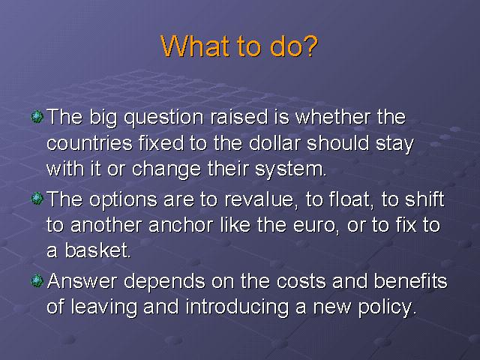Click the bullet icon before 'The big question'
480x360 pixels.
pyautogui.click(x=37, y=117)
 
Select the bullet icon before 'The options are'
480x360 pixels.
pyautogui.click(x=37, y=199)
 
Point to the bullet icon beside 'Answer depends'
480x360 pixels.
pyautogui.click(x=37, y=280)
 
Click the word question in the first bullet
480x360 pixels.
pyautogui.click(x=163, y=118)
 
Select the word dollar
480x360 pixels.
pyautogui.click(x=275, y=143)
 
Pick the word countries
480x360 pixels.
pyautogui.click(x=90, y=143)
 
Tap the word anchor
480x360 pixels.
pyautogui.click(x=181, y=225)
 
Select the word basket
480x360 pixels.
pyautogui.click(x=97, y=250)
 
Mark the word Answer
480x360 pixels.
pyautogui.click(x=82, y=280)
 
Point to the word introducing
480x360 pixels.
pyautogui.click(x=238, y=307)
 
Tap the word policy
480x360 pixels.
pyautogui.click(x=387, y=307)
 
